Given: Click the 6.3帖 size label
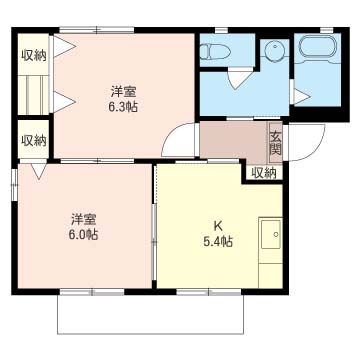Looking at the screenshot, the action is [x=123, y=107].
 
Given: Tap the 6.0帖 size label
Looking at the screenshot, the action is [x=83, y=235].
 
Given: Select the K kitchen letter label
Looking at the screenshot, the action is [x=218, y=226].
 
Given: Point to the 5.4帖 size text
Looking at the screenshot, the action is [x=218, y=241].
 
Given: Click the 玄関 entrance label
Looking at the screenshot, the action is [x=276, y=143].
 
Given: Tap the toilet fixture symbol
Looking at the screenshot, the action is [x=215, y=52].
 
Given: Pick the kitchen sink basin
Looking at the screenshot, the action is [x=271, y=235].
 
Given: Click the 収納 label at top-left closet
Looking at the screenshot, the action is [x=34, y=56].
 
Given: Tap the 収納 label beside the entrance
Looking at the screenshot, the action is [x=263, y=173].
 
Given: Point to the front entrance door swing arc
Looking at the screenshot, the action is [x=312, y=147].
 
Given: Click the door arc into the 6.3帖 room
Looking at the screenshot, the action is [x=176, y=136].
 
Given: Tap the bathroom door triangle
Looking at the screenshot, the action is [x=302, y=97].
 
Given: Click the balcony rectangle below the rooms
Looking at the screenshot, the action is [x=151, y=314].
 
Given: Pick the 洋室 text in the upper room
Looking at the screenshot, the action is [x=123, y=91].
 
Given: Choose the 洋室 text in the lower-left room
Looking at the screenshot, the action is [x=83, y=219].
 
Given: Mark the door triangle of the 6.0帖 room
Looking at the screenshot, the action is [x=39, y=171].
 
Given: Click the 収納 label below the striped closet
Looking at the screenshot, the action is [x=34, y=141].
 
